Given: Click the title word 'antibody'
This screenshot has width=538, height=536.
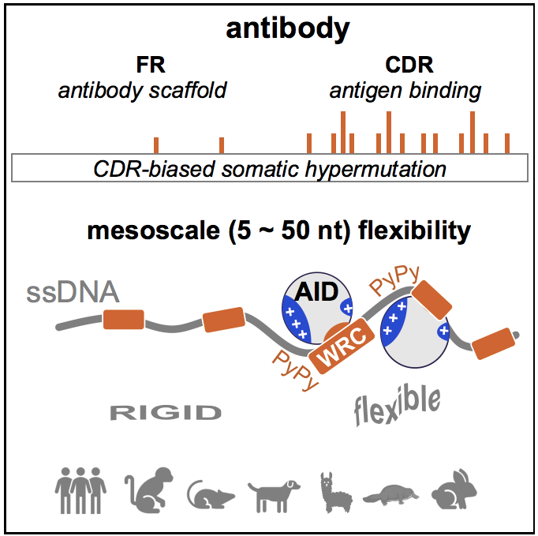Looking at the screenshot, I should (287, 29).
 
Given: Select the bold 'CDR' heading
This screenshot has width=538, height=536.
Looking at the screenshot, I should (405, 65).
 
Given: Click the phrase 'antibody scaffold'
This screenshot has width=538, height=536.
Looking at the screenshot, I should (142, 90).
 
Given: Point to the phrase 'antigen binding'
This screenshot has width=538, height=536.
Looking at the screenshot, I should (405, 90).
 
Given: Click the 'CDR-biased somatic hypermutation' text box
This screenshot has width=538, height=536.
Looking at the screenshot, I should (270, 168).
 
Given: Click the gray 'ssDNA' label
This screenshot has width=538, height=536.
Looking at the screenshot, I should (73, 293).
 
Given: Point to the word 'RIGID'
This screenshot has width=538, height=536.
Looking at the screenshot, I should (165, 411).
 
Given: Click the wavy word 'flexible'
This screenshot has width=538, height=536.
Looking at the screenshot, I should (396, 407).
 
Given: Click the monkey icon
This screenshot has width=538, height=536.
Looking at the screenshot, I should (145, 490).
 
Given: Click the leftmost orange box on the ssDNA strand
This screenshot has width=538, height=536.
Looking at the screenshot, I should (123, 319).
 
